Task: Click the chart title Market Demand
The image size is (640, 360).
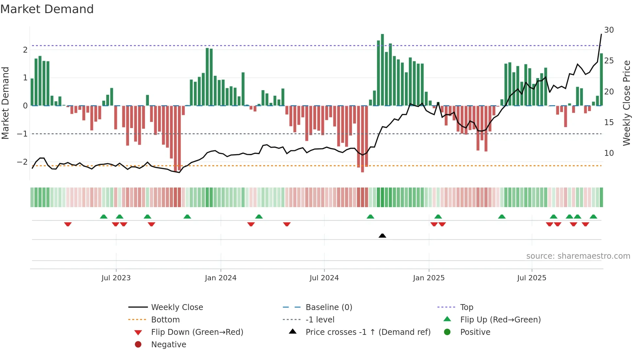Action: [47, 9]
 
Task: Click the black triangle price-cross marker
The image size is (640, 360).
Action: [382, 236]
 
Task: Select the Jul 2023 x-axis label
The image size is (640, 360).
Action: [116, 278]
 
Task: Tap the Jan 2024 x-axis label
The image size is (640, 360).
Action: [221, 278]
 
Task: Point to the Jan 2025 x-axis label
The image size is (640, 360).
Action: [429, 278]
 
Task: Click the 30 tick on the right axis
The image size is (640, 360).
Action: [609, 30]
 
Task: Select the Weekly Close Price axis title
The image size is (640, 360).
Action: [627, 103]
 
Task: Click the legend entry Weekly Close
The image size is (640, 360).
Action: [177, 307]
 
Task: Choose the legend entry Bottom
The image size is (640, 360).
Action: [165, 320]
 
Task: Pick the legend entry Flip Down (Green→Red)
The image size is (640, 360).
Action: [197, 332]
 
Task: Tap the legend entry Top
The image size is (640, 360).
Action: [467, 307]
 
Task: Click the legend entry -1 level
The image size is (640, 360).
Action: [320, 320]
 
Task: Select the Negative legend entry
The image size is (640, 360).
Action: [168, 345]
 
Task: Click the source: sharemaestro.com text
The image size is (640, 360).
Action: [578, 256]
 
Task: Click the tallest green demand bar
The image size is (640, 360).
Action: [382, 69]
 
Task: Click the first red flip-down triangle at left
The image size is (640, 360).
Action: [68, 224]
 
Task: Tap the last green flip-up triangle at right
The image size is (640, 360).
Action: [593, 217]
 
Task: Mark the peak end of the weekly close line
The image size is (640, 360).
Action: [601, 34]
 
